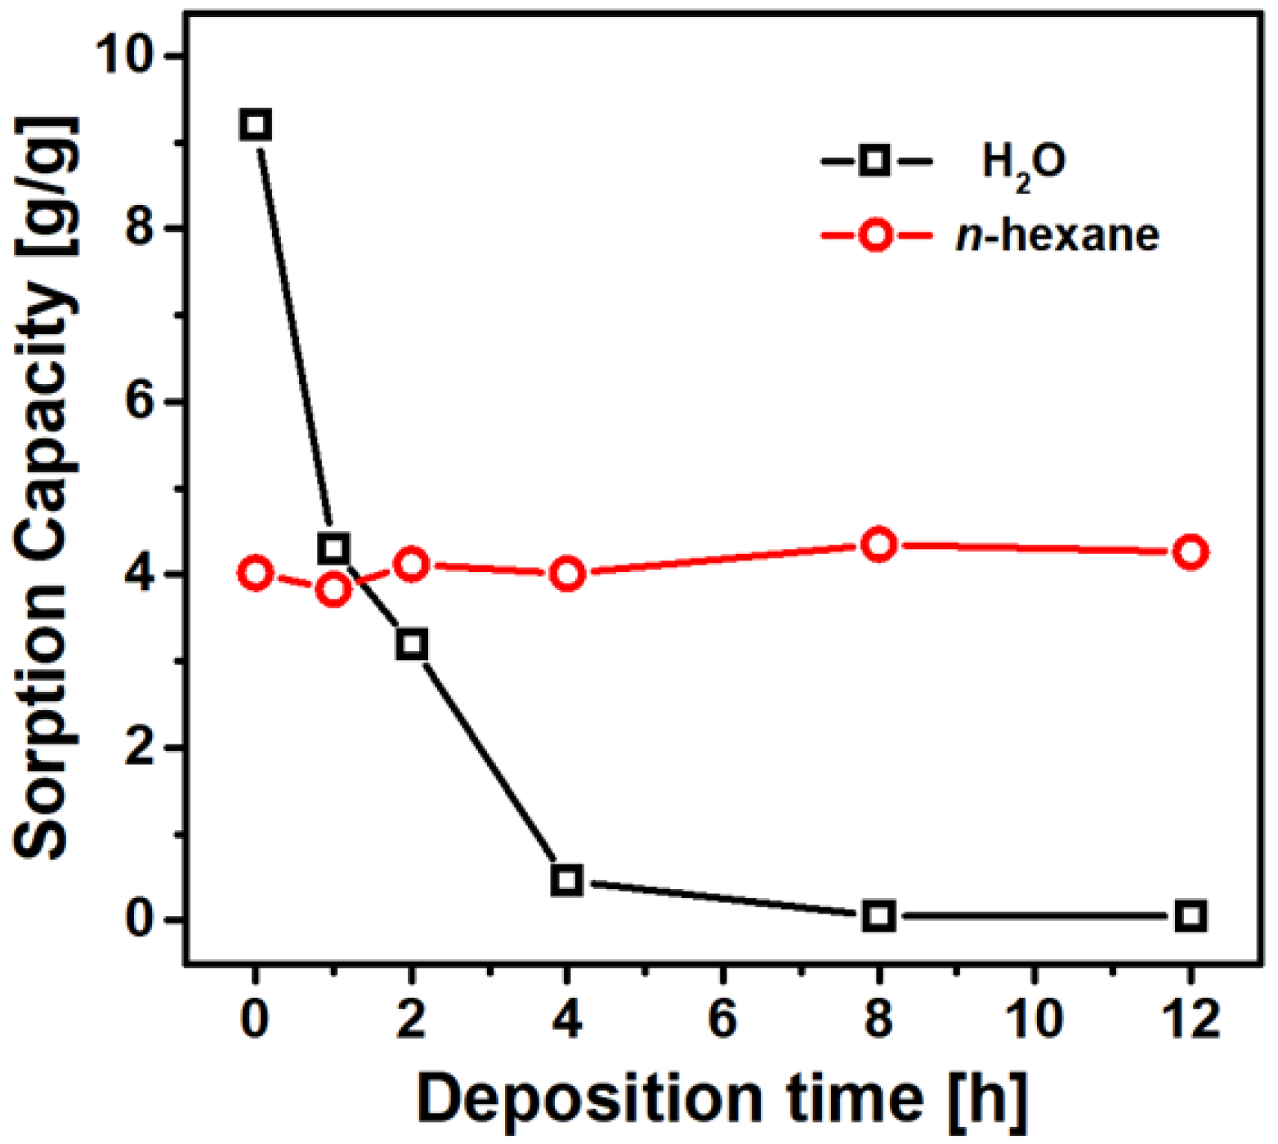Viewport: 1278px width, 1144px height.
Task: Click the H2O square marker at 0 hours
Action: pos(256,125)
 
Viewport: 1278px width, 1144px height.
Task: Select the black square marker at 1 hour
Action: pos(333,547)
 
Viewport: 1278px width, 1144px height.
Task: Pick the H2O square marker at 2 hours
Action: pos(411,644)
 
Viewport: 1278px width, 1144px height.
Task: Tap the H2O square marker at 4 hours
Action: pos(567,880)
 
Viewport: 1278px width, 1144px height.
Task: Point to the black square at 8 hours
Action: pos(879,916)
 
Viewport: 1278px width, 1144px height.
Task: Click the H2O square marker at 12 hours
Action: pos(1191,916)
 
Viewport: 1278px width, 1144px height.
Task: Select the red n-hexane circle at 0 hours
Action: pos(256,574)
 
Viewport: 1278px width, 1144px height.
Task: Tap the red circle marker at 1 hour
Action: pos(333,589)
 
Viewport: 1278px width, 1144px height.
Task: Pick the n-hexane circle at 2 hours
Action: pos(411,564)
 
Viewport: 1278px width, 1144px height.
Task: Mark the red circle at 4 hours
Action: pos(567,574)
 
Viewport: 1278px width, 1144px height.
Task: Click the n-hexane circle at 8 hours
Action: pos(879,544)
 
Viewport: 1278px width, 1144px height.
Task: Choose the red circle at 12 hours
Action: pos(1191,552)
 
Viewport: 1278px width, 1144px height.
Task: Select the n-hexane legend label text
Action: pos(1057,236)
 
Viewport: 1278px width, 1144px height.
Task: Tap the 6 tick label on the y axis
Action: pos(141,402)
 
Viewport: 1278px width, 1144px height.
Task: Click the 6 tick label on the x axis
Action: pos(723,1019)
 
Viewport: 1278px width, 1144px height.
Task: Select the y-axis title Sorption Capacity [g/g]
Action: pos(45,488)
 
